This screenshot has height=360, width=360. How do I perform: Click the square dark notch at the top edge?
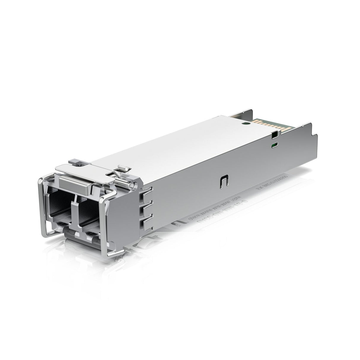tap(275, 135)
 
